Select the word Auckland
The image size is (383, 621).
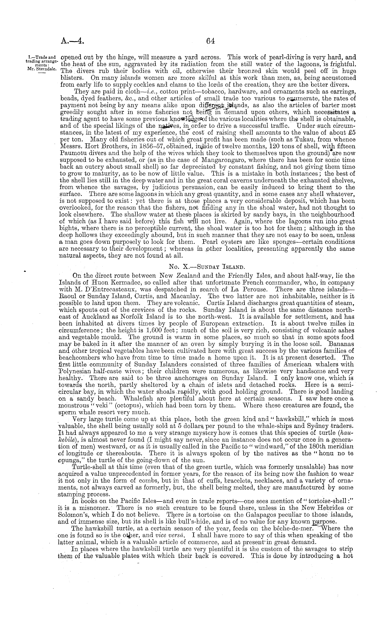96,317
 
